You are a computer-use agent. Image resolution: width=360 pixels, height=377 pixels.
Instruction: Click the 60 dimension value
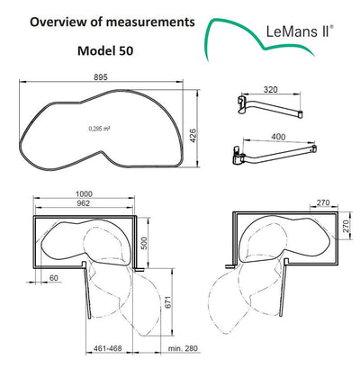point(54,279)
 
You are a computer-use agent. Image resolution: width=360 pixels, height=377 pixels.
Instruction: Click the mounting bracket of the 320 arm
point(239,103)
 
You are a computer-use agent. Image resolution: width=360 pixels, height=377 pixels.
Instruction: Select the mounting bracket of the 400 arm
point(238,157)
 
